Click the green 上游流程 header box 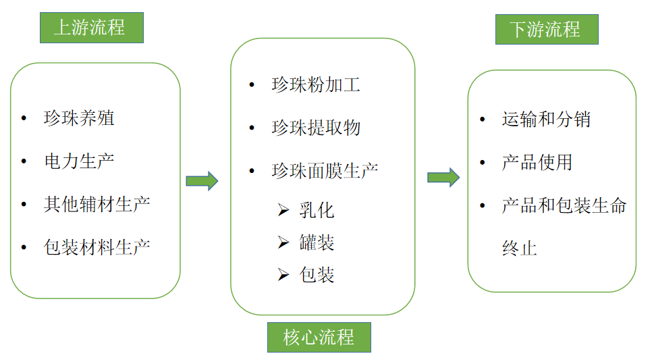(x=91, y=28)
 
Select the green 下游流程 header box (x=547, y=29)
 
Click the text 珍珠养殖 (x=79, y=118)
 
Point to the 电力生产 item (x=79, y=161)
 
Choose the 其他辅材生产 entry (x=97, y=203)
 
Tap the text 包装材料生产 (x=97, y=247)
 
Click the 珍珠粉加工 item (x=316, y=85)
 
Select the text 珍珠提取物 (x=316, y=128)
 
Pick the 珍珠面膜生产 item (x=325, y=170)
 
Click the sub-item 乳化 (x=317, y=210)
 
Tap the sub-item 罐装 (x=317, y=242)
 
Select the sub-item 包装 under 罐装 (x=317, y=275)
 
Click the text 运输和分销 (x=546, y=120)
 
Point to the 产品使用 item (x=537, y=162)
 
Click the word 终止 (x=519, y=248)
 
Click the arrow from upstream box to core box (x=202, y=181)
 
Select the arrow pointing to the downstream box (x=443, y=178)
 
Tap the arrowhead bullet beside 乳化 (x=283, y=210)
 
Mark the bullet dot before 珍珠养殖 (x=25, y=118)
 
